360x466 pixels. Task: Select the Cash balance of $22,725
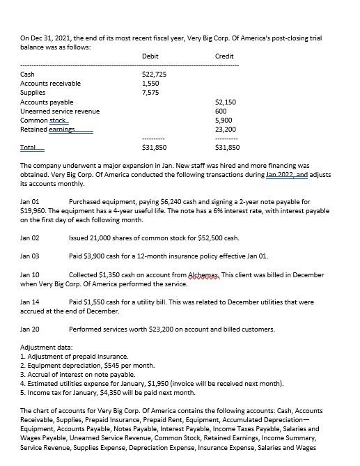point(153,74)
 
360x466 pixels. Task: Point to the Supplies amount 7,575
point(150,92)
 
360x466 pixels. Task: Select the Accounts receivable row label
point(50,83)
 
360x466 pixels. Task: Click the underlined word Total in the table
point(29,148)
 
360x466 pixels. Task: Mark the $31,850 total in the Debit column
point(153,148)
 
